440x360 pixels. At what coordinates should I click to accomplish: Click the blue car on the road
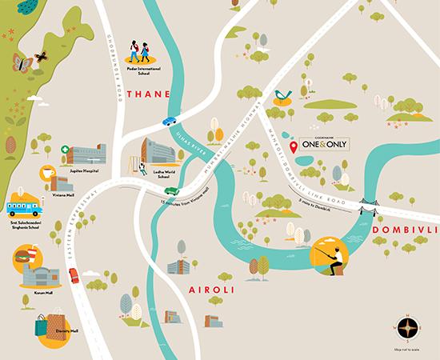coord(170,122)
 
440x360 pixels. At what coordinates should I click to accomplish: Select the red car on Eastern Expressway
coord(74,275)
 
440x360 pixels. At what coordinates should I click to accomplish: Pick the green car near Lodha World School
coord(170,191)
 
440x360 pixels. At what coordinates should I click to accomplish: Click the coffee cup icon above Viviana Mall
coord(47,173)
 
